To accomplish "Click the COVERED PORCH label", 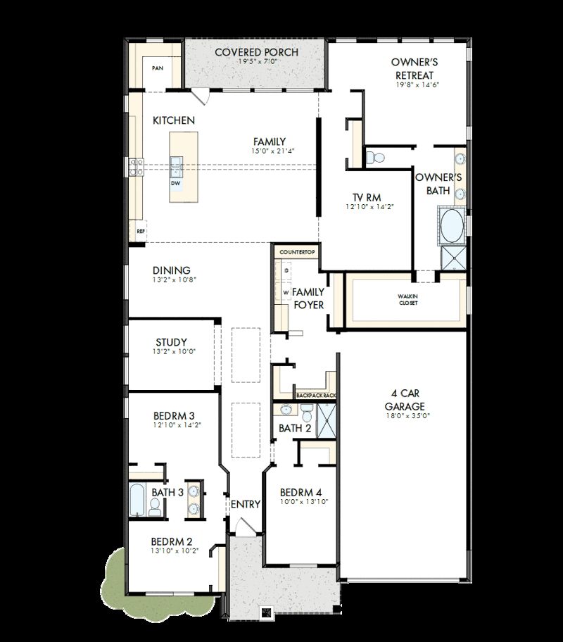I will click(x=256, y=52).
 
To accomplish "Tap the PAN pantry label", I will click(x=157, y=68).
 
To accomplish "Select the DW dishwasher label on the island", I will click(x=176, y=183).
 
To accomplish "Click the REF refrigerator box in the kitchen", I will click(x=140, y=231).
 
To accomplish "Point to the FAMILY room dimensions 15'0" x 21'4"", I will click(x=270, y=151).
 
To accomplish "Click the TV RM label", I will click(x=367, y=197).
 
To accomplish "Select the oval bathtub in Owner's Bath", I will click(x=451, y=227).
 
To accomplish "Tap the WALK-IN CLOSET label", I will click(x=407, y=300).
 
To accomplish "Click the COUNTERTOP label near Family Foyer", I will click(x=298, y=251).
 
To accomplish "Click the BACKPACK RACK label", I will click(x=316, y=396).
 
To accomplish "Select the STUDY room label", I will click(x=171, y=343).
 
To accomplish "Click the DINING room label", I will click(x=172, y=270).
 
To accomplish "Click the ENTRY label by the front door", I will click(x=246, y=504).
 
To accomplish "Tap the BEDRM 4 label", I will click(x=301, y=492).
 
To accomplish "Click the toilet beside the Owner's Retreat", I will click(x=374, y=156).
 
